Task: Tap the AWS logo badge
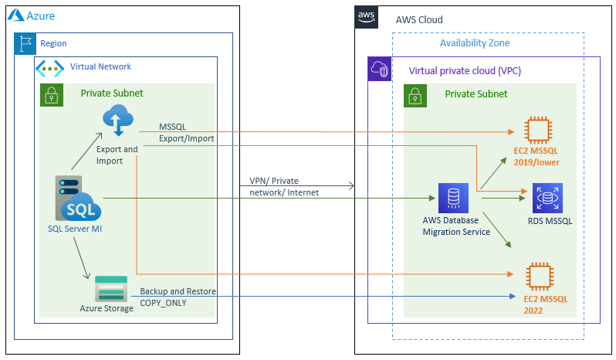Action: click(366, 16)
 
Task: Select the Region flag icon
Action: click(25, 43)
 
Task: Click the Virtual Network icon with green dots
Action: click(50, 67)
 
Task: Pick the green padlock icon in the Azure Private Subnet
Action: click(51, 94)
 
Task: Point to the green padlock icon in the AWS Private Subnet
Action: click(415, 95)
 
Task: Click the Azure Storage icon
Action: click(111, 289)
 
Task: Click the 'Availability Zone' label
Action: click(475, 43)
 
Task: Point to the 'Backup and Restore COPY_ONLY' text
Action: click(178, 297)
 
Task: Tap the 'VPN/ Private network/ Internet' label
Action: click(284, 186)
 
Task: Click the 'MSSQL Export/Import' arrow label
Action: click(186, 133)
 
